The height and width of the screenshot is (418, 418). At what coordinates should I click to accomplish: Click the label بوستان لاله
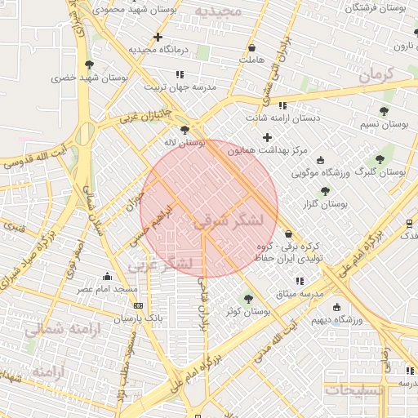coord(185,142)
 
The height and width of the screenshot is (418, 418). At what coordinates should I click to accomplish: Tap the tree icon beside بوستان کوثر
coord(249,299)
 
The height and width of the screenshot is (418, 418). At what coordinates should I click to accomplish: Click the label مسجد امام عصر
coord(108,290)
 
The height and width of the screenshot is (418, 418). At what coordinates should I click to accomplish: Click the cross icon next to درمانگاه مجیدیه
coord(158,37)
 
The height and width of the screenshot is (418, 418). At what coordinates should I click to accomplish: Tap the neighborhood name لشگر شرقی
coord(229,220)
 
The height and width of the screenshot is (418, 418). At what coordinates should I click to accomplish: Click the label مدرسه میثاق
coord(300,293)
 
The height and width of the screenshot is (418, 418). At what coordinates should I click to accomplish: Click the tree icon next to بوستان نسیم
coord(384,111)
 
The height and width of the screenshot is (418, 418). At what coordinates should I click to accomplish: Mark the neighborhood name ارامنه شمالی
coord(61,328)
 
